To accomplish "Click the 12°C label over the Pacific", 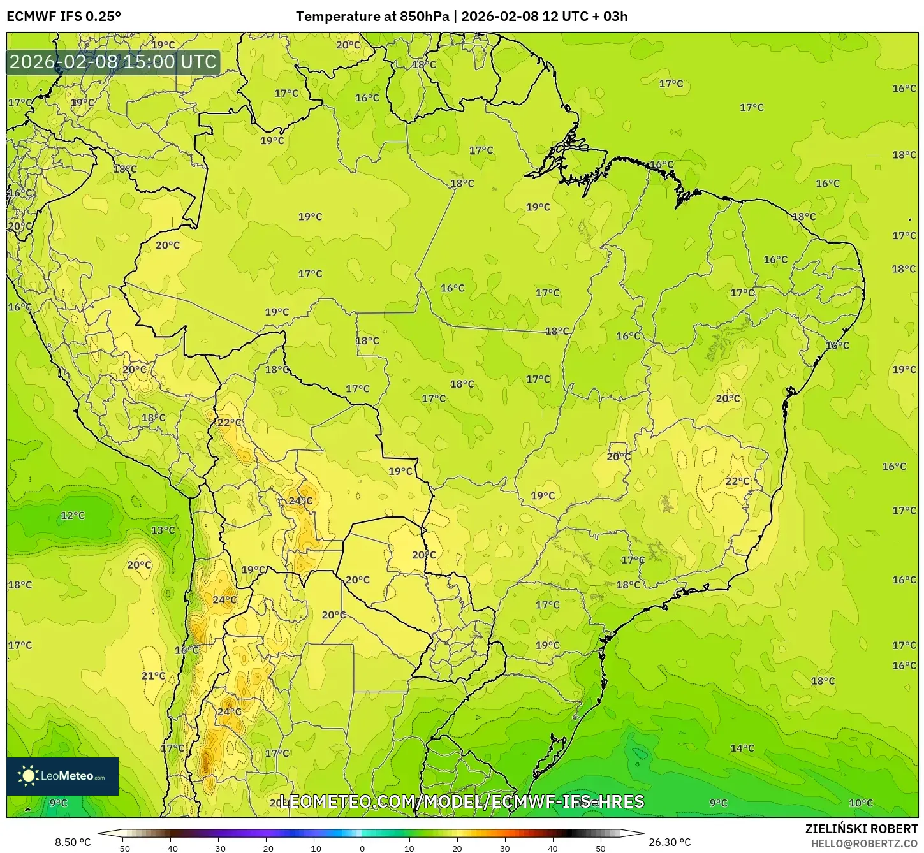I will tap(73, 515).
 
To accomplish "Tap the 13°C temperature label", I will tap(163, 530).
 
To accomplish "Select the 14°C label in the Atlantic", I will tap(742, 748).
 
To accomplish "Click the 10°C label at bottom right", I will tap(861, 803).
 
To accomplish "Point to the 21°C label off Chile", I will tap(153, 676).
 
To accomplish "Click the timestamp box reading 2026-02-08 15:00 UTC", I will tap(113, 62).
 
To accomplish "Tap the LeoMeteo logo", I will tap(62, 776).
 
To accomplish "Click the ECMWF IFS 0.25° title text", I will tap(64, 16).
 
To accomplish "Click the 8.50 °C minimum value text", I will tap(73, 842).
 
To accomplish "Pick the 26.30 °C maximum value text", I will tap(670, 842).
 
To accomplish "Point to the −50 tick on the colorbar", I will tap(122, 849).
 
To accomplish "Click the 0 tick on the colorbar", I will tap(362, 849).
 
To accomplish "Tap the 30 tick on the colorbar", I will tap(505, 849).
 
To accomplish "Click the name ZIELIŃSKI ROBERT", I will tap(861, 829).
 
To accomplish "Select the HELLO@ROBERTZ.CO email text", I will tap(864, 843).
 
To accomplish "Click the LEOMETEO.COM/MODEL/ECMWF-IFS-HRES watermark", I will tap(462, 801).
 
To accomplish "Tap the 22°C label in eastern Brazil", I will tap(737, 481).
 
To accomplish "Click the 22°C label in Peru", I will tap(230, 422).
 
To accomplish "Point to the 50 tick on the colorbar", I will tap(601, 849).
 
